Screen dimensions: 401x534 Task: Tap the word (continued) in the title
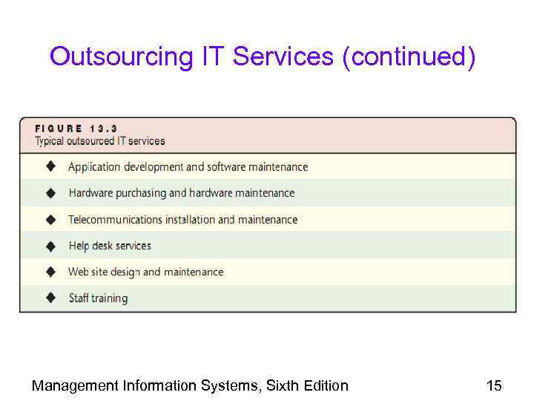pos(408,56)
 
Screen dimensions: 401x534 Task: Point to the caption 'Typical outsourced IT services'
pos(100,141)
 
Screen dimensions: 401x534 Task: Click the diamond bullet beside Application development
pos(51,166)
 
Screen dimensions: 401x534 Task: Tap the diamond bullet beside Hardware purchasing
pos(51,192)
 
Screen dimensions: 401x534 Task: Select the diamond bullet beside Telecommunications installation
pos(51,219)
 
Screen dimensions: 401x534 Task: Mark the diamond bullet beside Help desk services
pos(51,245)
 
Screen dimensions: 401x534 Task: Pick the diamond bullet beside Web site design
pos(51,272)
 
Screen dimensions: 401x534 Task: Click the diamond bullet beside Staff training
pos(51,298)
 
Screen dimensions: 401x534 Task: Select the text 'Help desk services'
pos(110,246)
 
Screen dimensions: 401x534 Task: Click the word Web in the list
pos(78,272)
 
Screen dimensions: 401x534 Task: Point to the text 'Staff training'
pos(98,299)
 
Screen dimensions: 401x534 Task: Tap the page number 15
pos(494,385)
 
